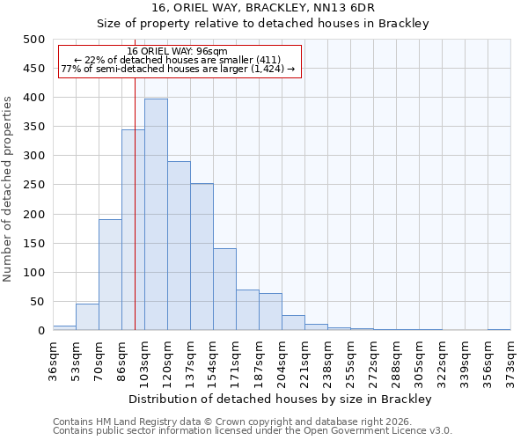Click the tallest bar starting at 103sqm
tap(156, 215)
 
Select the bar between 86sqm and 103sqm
tap(133, 231)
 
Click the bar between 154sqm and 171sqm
tap(224, 290)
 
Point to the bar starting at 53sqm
tap(87, 317)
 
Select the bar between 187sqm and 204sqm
tap(270, 312)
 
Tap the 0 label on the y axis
tap(40, 331)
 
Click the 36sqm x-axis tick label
tap(54, 357)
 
